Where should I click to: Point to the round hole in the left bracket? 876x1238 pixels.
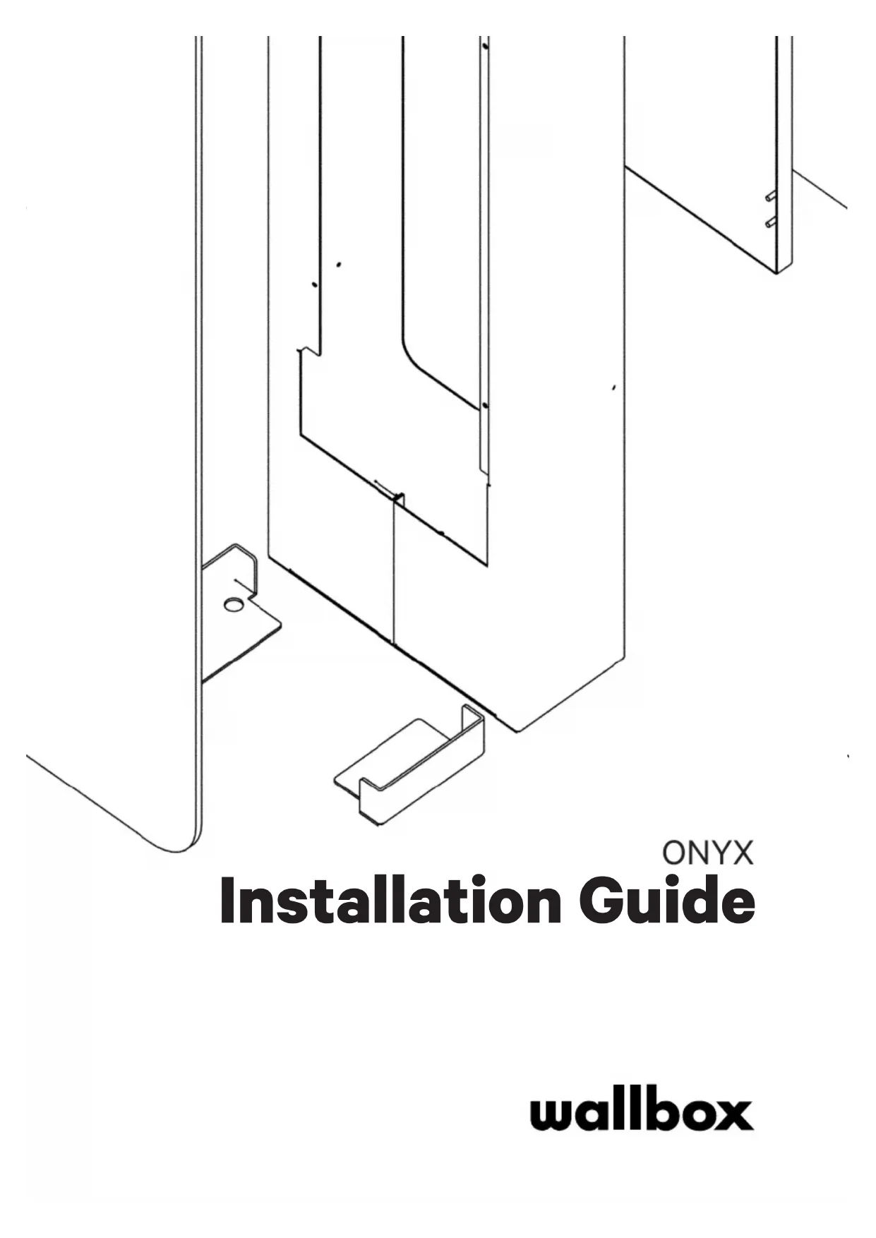point(232,604)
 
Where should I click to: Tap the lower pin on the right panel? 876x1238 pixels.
point(771,223)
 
